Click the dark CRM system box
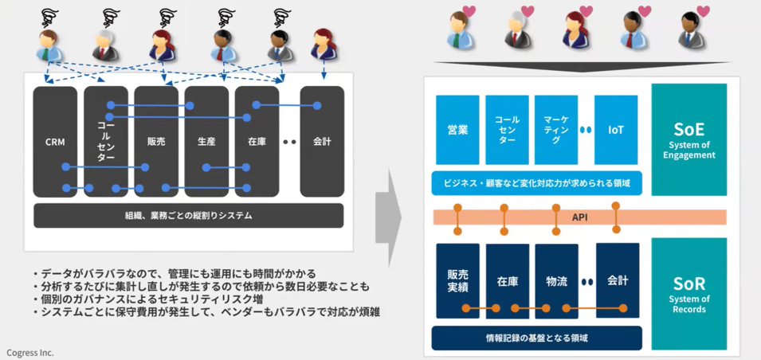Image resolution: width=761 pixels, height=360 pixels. click(x=55, y=142)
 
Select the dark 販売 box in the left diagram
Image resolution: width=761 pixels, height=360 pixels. click(x=156, y=142)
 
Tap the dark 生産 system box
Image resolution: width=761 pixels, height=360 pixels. click(x=206, y=142)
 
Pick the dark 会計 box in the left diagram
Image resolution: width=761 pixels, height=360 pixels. click(x=322, y=142)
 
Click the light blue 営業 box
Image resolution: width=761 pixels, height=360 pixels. click(x=457, y=130)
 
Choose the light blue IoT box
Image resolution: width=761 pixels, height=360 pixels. click(x=616, y=130)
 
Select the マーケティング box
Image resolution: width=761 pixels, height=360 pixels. click(x=556, y=130)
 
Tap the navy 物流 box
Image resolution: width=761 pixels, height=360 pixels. click(x=556, y=281)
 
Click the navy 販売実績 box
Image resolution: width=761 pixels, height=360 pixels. click(x=457, y=281)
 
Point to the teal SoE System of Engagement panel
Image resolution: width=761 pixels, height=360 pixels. click(x=688, y=139)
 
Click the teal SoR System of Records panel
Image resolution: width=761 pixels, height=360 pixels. click(x=688, y=294)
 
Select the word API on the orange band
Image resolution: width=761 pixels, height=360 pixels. click(x=579, y=217)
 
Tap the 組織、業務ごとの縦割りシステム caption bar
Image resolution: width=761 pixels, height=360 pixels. click(x=188, y=215)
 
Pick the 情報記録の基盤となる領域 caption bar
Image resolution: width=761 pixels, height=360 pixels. click(x=537, y=338)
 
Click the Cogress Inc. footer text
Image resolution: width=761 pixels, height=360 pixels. click(x=30, y=351)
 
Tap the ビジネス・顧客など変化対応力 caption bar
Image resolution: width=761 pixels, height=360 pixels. click(x=537, y=183)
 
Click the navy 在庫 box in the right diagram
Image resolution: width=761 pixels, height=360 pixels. click(x=508, y=281)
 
